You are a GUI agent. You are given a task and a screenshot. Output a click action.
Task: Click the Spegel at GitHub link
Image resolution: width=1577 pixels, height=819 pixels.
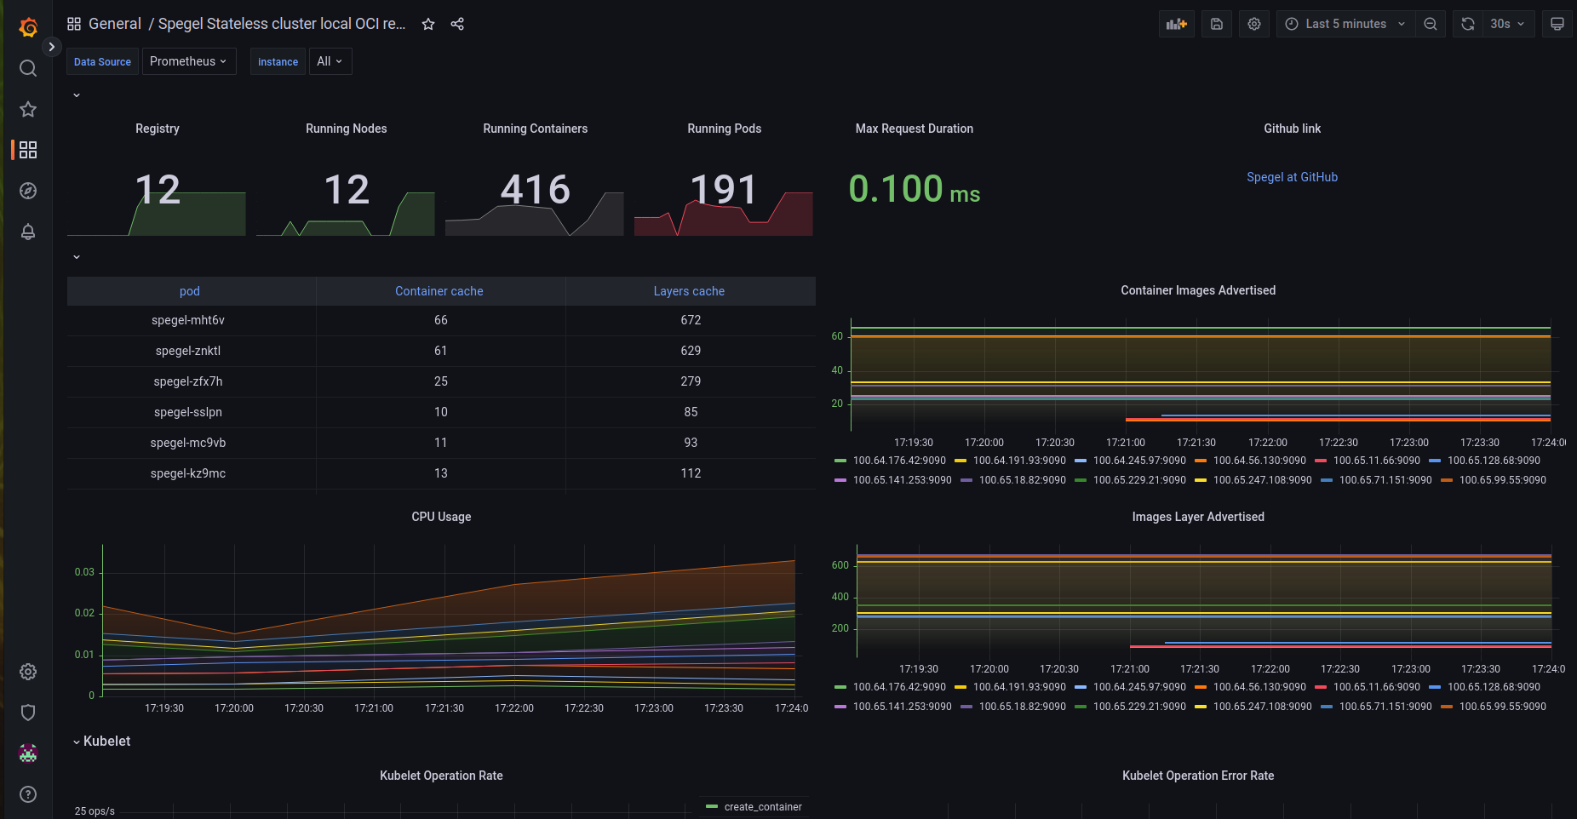pos(1292,177)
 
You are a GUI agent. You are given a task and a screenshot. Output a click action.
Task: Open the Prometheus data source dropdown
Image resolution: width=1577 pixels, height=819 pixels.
pos(188,61)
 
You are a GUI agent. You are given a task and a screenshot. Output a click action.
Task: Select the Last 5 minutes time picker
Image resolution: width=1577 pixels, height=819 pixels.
pos(1345,24)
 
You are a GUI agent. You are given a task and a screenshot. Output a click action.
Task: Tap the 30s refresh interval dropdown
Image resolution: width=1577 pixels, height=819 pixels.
pos(1508,24)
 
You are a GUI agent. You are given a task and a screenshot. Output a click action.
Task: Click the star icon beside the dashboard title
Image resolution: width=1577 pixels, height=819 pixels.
pos(428,24)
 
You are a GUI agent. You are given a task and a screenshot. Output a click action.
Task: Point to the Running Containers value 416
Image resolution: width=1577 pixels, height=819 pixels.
pos(536,189)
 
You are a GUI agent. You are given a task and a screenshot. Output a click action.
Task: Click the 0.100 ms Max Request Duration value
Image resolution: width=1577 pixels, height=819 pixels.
pos(914,189)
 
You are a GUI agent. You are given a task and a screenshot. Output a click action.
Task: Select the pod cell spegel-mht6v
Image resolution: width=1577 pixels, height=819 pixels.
pos(188,320)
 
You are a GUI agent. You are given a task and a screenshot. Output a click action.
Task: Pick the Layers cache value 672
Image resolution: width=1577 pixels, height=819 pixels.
pos(691,320)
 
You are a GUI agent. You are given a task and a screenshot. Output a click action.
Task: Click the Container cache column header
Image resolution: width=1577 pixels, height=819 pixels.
pos(439,291)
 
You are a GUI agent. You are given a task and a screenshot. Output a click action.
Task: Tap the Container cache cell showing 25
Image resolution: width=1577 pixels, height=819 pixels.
pos(441,381)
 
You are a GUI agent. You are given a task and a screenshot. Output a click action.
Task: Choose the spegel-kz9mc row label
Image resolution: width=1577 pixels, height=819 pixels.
pos(188,473)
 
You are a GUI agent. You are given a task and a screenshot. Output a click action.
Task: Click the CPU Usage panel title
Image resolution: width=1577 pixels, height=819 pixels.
pos(441,517)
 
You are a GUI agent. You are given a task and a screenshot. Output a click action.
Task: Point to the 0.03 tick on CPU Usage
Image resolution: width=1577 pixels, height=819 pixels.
pos(84,572)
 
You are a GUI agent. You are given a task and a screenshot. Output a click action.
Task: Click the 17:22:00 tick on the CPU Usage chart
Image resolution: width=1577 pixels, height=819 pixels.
pos(514,708)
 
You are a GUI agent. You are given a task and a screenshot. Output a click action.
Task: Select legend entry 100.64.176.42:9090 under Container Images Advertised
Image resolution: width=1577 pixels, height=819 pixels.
pos(899,461)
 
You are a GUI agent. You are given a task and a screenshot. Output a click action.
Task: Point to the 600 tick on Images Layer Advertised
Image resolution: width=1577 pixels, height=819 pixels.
pos(840,565)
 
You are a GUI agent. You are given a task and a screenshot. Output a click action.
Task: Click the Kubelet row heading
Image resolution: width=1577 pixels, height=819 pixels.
pos(107,742)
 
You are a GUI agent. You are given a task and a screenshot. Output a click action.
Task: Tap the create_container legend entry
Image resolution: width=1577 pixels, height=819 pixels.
pos(763,807)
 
